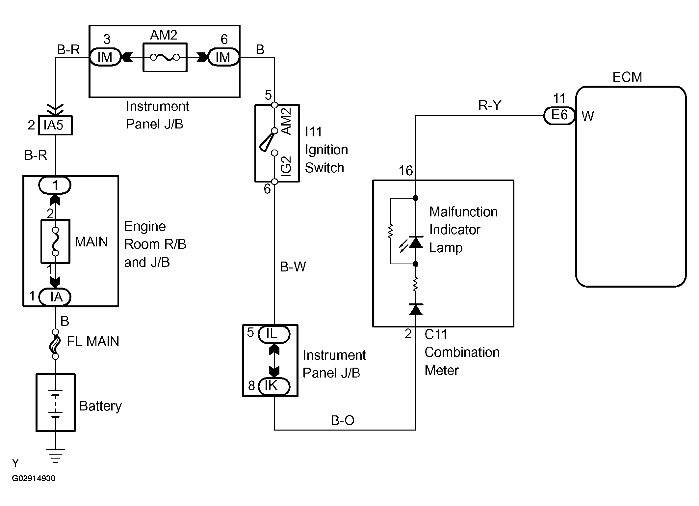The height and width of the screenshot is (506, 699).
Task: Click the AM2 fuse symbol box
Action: (165, 57)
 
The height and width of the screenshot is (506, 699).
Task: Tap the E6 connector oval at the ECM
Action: (559, 116)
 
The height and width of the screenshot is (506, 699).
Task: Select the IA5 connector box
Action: (55, 125)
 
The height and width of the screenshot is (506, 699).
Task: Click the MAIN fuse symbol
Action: (55, 241)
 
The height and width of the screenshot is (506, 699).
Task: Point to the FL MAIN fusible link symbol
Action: (55, 344)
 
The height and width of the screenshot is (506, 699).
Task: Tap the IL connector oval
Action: (274, 334)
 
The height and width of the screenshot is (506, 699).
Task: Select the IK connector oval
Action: (274, 386)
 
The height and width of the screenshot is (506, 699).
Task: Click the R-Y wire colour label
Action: (490, 105)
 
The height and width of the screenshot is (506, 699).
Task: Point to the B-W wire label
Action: (293, 267)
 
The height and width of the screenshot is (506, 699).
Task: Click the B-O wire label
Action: (343, 420)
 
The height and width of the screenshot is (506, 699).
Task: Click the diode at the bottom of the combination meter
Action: (416, 309)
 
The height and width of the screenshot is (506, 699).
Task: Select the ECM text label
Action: (627, 77)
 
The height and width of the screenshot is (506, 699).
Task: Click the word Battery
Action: (100, 406)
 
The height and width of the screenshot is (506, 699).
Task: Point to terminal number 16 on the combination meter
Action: (405, 171)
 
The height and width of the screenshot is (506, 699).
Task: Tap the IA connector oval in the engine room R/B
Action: (55, 297)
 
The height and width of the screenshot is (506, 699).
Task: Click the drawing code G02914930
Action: (34, 478)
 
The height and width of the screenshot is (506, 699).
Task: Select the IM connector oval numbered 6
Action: (223, 57)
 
